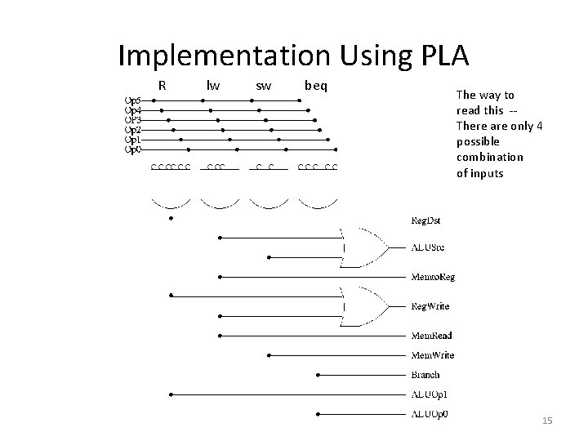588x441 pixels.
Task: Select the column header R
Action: click(163, 85)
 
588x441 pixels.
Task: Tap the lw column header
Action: click(213, 85)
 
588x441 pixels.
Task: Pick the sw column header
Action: click(264, 85)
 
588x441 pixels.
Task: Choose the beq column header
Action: click(315, 85)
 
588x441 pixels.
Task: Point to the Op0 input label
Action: click(133, 149)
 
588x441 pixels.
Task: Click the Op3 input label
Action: click(133, 118)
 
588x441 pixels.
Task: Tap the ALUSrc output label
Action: click(427, 247)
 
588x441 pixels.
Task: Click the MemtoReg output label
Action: click(432, 277)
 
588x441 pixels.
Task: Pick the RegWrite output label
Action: click(430, 306)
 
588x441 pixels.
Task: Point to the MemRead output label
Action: click(430, 336)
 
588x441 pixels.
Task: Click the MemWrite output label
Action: click(432, 355)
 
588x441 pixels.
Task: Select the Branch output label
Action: click(425, 375)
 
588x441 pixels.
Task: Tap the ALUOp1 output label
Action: click(429, 394)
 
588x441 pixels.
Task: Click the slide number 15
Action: click(547, 421)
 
